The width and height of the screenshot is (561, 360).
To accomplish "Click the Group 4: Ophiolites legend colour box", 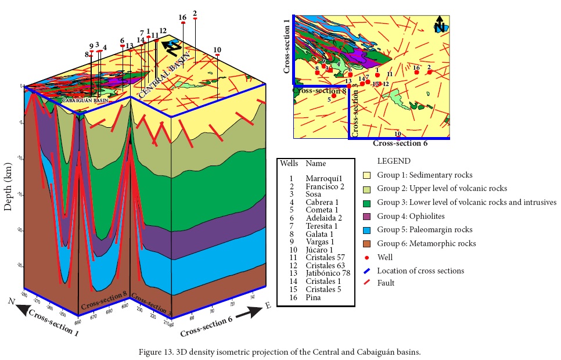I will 366,216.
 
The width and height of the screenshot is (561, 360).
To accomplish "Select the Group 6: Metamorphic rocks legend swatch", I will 366,243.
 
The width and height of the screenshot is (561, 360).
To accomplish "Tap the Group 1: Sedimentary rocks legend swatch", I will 366,175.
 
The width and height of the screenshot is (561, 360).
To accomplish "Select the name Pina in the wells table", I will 314,297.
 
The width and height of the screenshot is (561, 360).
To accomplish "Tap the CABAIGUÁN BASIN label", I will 85,100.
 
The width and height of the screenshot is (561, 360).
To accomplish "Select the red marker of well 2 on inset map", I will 429,72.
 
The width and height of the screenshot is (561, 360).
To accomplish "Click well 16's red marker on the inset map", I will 416,73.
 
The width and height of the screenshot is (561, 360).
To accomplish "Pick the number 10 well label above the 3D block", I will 217,49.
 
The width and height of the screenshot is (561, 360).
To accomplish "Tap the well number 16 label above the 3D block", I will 182,17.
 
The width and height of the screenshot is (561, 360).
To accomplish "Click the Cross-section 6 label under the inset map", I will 400,143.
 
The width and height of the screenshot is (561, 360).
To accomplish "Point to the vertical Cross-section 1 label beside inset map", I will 286,46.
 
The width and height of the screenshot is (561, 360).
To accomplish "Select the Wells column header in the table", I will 289,164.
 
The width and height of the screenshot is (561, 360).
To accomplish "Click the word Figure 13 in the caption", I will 159,352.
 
